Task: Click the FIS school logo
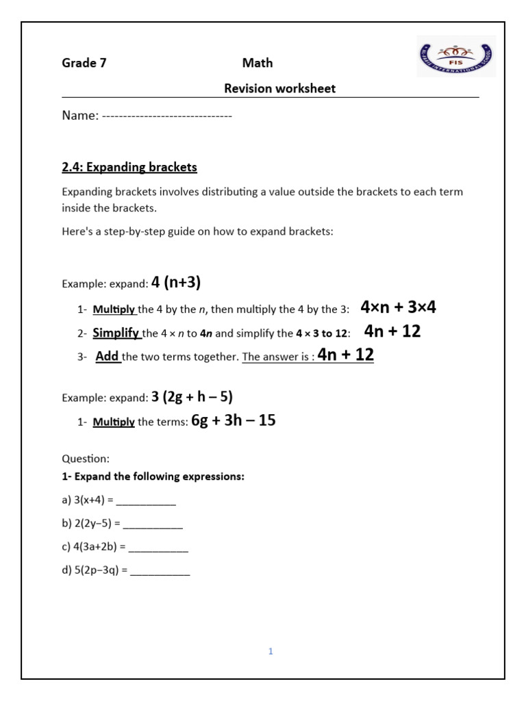(x=456, y=56)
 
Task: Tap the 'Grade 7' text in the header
(x=84, y=63)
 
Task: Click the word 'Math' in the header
(x=258, y=63)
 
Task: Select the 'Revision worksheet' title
(x=280, y=88)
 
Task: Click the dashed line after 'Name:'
(x=167, y=116)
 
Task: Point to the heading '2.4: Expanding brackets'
(x=129, y=167)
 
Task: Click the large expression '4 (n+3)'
(x=176, y=282)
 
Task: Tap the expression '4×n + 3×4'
(x=398, y=307)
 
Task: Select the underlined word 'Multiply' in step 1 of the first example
(x=114, y=309)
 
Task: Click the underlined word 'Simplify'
(x=116, y=333)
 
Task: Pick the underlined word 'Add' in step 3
(x=107, y=356)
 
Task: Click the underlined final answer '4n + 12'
(x=346, y=355)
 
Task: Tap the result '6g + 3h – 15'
(x=233, y=421)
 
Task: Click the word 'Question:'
(x=86, y=459)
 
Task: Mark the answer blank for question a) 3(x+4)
(x=146, y=501)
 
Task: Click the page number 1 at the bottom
(x=271, y=652)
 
